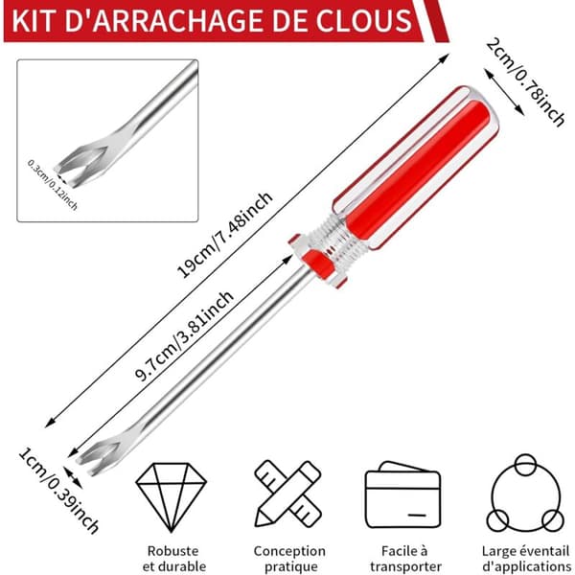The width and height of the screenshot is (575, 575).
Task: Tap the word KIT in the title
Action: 34,21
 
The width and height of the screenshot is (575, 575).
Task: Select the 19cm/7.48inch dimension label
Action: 225,235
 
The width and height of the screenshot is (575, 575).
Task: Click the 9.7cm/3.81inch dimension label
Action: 184,335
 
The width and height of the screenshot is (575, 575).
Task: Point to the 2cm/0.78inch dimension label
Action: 525,82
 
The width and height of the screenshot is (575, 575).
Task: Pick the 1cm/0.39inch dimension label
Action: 58,492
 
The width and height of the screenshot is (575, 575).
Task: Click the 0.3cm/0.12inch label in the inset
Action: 53,185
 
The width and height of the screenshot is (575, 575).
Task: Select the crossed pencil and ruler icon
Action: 288,494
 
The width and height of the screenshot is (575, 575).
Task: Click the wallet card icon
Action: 403,494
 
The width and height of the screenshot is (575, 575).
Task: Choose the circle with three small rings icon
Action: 525,494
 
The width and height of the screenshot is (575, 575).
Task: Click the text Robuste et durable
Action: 173,558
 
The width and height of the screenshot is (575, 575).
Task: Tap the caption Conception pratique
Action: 289,558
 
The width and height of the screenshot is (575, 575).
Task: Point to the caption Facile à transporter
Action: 404,558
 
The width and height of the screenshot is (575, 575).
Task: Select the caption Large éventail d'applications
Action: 526,558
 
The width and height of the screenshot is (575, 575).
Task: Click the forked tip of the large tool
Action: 99,454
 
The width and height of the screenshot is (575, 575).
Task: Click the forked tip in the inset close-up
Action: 83,166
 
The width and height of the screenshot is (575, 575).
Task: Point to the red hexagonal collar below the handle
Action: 316,260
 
